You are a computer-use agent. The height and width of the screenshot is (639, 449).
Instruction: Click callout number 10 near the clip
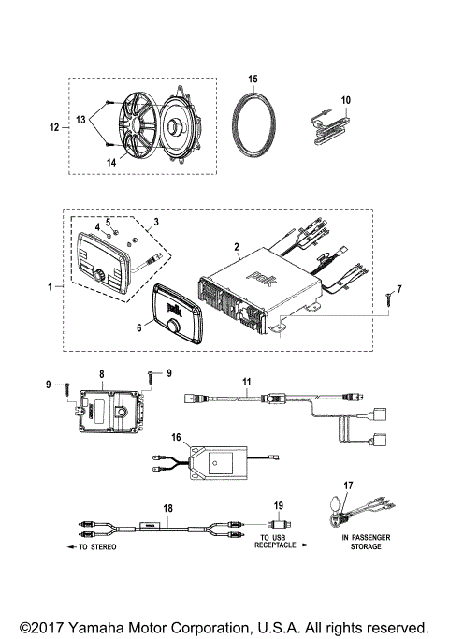coord(345,98)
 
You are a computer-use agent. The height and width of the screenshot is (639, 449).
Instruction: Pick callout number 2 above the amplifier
coord(238,249)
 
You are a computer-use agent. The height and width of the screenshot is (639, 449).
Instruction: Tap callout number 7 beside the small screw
coord(399,289)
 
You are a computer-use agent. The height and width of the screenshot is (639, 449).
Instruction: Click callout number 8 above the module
coord(102,372)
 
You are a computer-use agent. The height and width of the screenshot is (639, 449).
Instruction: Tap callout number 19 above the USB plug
coord(277,506)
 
